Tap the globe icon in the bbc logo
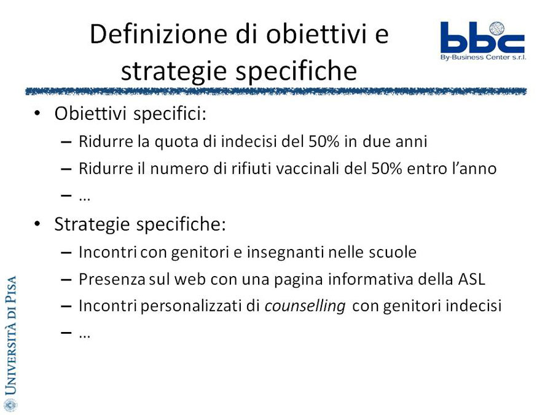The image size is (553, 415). point(496,28)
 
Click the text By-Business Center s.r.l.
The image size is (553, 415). point(483,57)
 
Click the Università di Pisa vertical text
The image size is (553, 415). point(10,335)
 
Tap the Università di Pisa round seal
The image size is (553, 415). point(10,405)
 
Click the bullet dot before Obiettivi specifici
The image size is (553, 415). point(37,114)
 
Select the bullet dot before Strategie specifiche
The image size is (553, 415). point(37,224)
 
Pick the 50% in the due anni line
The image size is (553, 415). point(324,141)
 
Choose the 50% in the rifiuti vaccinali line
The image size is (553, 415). point(386,168)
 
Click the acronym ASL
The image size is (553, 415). point(471,279)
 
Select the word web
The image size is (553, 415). point(190,279)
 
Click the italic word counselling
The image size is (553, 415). point(305,306)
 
